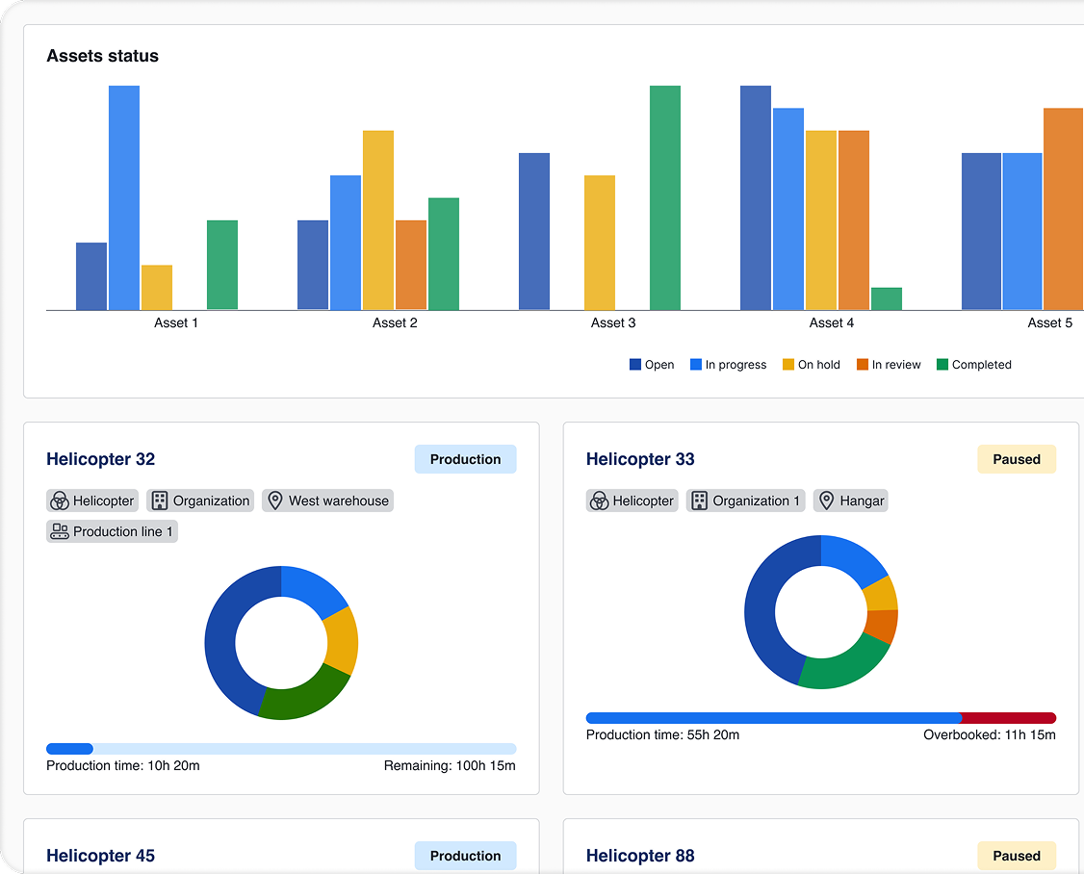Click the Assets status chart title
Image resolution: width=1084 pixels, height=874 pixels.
click(x=102, y=56)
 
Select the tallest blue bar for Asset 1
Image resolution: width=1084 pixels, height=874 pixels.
click(x=124, y=197)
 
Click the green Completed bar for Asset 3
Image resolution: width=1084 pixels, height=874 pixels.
click(x=664, y=197)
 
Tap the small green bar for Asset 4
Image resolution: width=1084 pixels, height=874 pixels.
click(x=886, y=298)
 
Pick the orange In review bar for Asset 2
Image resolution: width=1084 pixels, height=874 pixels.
click(x=411, y=265)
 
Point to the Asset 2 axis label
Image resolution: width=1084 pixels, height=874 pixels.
click(x=395, y=323)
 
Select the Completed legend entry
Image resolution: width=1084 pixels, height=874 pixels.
click(x=973, y=365)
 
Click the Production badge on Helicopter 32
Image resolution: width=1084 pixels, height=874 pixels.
click(x=465, y=459)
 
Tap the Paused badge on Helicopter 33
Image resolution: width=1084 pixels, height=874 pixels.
click(x=1016, y=459)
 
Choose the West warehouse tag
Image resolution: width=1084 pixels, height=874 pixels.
click(x=327, y=501)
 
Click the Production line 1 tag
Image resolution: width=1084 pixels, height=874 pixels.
click(x=112, y=531)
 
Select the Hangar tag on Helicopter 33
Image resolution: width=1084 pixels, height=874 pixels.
click(x=851, y=501)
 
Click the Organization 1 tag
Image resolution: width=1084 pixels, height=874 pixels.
click(x=745, y=501)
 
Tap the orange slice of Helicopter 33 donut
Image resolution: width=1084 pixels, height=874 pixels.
click(x=883, y=627)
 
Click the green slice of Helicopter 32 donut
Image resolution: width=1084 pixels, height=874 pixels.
click(x=306, y=698)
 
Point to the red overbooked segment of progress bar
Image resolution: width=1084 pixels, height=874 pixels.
click(x=1008, y=718)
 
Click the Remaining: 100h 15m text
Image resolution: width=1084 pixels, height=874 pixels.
click(x=450, y=766)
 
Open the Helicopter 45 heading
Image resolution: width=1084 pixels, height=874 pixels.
click(x=100, y=856)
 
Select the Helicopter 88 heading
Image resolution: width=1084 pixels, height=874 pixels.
click(x=639, y=856)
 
